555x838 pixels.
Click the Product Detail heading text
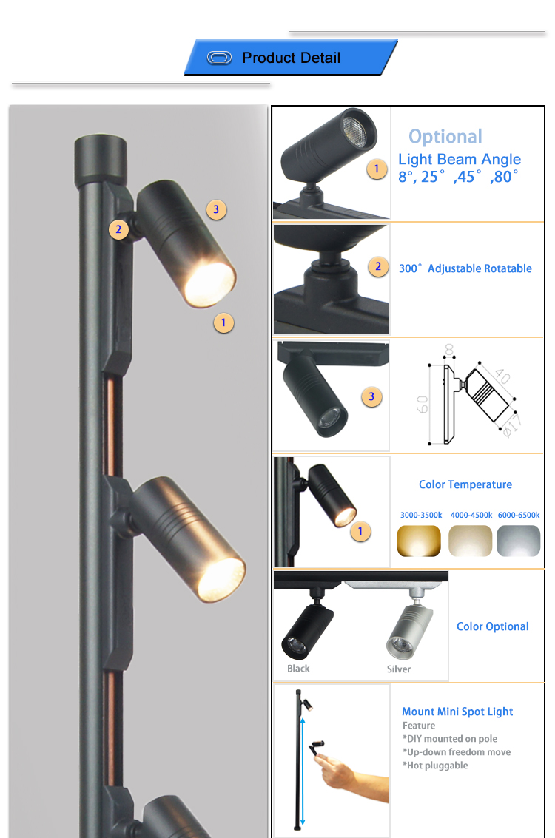[x=291, y=58]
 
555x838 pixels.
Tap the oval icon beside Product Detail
[x=219, y=58]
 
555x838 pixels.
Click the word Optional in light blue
[x=445, y=137]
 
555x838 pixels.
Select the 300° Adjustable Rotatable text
[x=465, y=268]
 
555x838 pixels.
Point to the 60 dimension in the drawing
[x=423, y=404]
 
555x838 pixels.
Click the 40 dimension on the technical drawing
[x=502, y=376]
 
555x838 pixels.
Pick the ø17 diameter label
[x=512, y=425]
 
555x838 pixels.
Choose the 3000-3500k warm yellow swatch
[x=419, y=541]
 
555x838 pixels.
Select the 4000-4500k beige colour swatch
[x=470, y=541]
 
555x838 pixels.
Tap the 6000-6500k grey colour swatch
[x=518, y=541]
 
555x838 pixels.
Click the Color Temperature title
[x=465, y=484]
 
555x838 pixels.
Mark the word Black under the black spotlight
[x=298, y=669]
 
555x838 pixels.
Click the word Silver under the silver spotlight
[x=399, y=669]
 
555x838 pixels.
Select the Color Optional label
[x=492, y=627]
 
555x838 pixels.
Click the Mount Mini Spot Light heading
[x=457, y=712]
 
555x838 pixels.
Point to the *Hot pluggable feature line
[x=435, y=766]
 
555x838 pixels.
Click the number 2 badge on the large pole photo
[x=118, y=230]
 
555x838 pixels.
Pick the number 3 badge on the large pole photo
[x=216, y=209]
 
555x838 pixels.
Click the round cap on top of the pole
[x=101, y=159]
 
